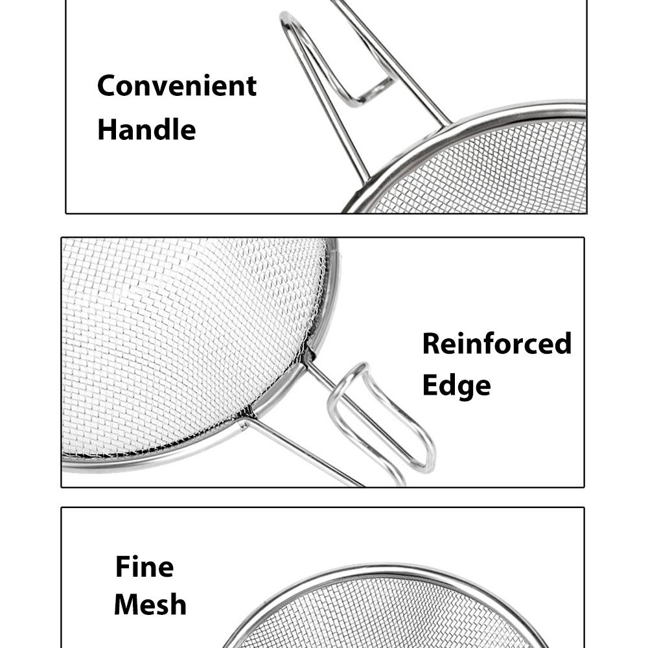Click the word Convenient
click(176, 86)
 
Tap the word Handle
click(146, 129)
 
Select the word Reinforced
click(496, 343)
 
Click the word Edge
click(456, 386)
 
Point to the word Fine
click(145, 567)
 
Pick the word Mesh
click(150, 605)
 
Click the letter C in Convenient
click(107, 86)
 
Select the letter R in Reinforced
click(432, 343)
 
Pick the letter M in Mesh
click(126, 605)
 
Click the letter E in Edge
click(430, 385)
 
